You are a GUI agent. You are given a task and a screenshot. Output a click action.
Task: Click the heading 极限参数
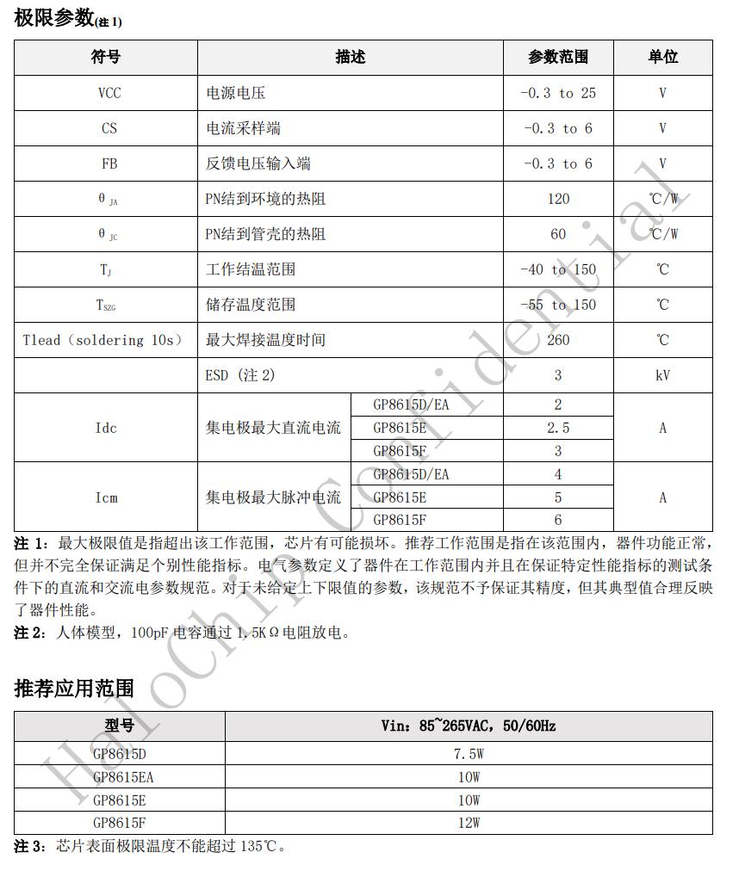pyautogui.click(x=53, y=17)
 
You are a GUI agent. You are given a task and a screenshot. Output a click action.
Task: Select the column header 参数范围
pyautogui.click(x=558, y=57)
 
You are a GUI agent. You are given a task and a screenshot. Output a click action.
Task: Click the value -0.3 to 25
pyautogui.click(x=558, y=93)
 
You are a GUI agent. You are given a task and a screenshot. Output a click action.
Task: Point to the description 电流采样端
pyautogui.click(x=243, y=128)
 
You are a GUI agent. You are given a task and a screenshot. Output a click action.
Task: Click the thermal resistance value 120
pyautogui.click(x=558, y=199)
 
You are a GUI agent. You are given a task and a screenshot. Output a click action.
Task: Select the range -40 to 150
pyautogui.click(x=558, y=269)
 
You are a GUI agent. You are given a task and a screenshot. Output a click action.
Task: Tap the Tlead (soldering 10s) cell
pyautogui.click(x=103, y=340)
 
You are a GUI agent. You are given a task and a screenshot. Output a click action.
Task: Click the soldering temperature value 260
pyautogui.click(x=558, y=340)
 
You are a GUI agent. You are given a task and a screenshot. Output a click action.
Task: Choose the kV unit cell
pyautogui.click(x=662, y=375)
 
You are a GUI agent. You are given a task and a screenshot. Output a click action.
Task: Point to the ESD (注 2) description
pyautogui.click(x=240, y=375)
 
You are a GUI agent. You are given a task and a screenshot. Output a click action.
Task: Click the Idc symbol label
pyautogui.click(x=106, y=428)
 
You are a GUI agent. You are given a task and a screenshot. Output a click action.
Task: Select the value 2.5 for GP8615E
pyautogui.click(x=558, y=428)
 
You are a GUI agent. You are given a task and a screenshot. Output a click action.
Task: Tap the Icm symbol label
pyautogui.click(x=106, y=497)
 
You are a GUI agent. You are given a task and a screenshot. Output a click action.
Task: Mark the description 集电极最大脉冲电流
pyautogui.click(x=273, y=497)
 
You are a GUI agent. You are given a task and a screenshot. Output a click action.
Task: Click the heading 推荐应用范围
pyautogui.click(x=74, y=689)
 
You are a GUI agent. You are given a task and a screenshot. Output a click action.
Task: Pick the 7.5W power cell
pyautogui.click(x=469, y=754)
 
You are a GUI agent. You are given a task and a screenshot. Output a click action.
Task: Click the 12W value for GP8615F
pyautogui.click(x=469, y=823)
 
